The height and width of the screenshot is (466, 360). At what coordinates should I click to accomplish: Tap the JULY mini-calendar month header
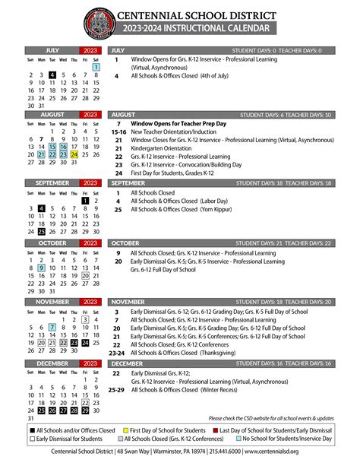[x=53, y=50]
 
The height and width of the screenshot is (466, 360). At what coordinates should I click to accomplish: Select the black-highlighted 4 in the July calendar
[x=52, y=75]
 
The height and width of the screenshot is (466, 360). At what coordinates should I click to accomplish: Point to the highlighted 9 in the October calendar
[x=41, y=268]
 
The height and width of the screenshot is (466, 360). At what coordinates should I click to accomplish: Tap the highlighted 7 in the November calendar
[x=52, y=328]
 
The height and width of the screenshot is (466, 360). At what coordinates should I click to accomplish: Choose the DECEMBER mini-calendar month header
[x=53, y=364]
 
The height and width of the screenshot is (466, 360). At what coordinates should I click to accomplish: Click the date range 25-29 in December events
[x=118, y=390]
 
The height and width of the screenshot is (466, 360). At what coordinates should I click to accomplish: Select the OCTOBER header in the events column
[x=125, y=243]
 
